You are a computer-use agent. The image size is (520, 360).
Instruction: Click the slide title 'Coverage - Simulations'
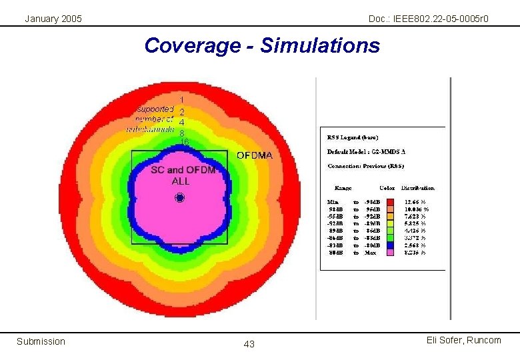click(x=261, y=45)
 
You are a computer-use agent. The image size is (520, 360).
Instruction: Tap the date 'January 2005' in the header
click(x=53, y=19)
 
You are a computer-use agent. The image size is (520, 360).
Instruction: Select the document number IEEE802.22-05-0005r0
click(x=428, y=19)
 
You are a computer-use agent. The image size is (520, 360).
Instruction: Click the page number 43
click(x=249, y=344)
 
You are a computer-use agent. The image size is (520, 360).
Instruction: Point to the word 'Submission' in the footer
click(x=41, y=341)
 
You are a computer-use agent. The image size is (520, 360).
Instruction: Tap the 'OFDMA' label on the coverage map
click(x=255, y=155)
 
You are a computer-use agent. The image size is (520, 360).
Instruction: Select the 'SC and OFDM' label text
click(x=183, y=171)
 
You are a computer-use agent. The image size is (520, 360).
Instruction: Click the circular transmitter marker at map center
click(x=179, y=197)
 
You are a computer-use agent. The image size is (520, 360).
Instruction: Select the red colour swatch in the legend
click(x=389, y=201)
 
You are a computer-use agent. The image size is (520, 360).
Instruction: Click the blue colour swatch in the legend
click(x=389, y=245)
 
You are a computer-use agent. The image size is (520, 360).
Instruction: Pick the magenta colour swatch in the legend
click(x=389, y=252)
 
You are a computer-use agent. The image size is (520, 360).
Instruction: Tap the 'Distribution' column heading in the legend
click(x=417, y=188)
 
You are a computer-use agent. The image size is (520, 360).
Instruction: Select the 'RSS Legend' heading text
click(x=353, y=137)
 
